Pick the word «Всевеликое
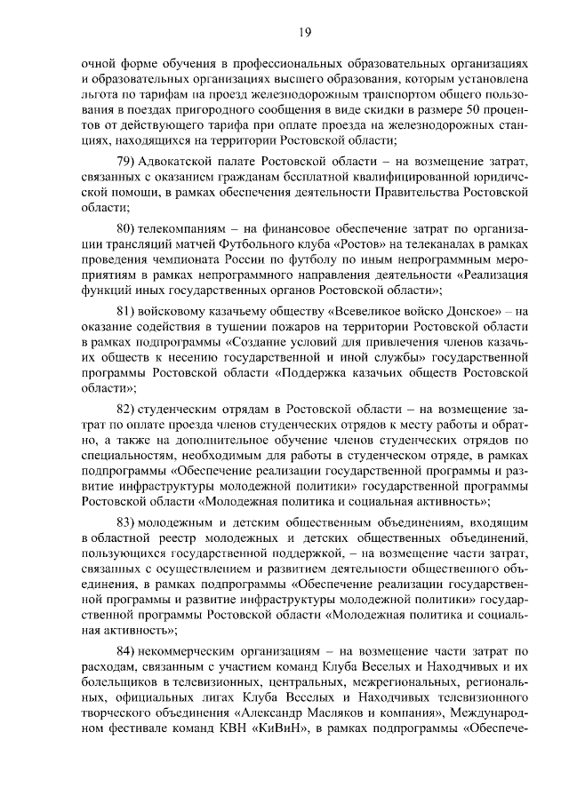pos(366,312)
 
